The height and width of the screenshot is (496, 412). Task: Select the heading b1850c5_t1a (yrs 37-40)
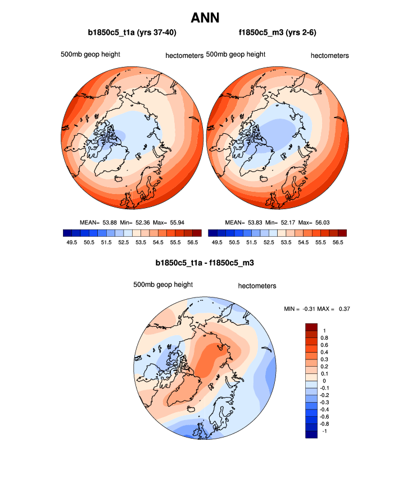133,33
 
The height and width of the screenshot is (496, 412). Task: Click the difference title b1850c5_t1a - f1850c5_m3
205,263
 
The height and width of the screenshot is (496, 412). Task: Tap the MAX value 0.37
342,309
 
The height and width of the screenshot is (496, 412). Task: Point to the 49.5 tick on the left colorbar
71,242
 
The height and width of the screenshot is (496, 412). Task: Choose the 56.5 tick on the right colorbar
338,242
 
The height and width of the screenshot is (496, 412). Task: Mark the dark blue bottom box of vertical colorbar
312,434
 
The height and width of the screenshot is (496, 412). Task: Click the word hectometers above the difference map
257,286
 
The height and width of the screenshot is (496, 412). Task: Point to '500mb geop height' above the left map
90,55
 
